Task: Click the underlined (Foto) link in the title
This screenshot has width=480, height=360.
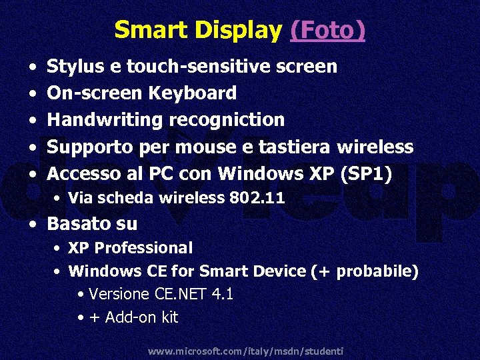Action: click(327, 30)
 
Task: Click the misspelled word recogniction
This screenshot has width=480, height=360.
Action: click(227, 120)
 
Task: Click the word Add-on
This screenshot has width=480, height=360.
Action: click(131, 318)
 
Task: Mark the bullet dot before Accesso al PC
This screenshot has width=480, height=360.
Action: click(33, 175)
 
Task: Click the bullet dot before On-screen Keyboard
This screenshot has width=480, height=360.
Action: click(33, 94)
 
